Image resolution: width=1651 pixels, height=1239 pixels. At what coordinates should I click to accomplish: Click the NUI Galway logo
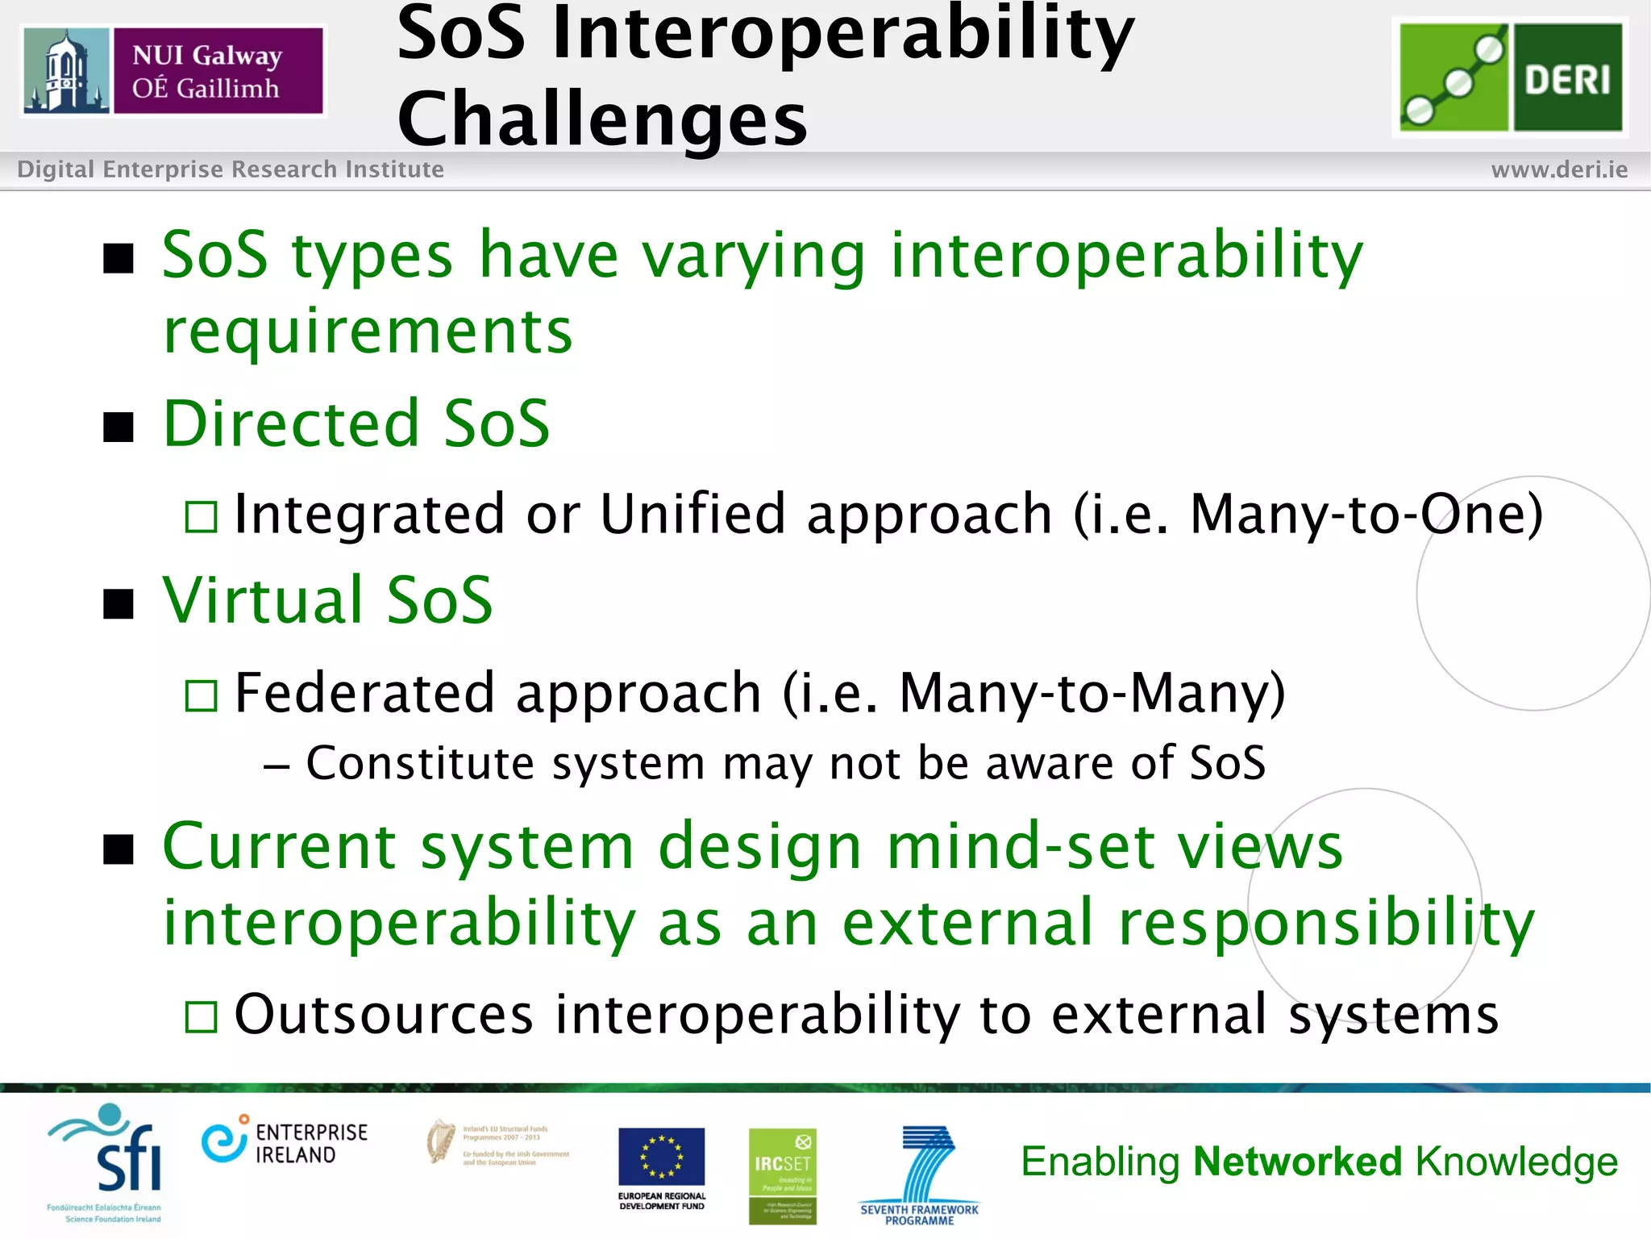pyautogui.click(x=173, y=71)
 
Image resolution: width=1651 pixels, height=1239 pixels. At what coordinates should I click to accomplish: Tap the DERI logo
pyautogui.click(x=1510, y=77)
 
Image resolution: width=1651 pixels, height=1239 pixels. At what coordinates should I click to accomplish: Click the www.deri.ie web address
pyautogui.click(x=1559, y=169)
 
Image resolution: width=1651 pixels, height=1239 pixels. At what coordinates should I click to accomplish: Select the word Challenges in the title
pyautogui.click(x=602, y=119)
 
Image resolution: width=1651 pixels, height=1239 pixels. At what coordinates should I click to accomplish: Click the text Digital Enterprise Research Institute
pyautogui.click(x=231, y=169)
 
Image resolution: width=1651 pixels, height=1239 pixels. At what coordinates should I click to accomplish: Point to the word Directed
pyautogui.click(x=291, y=423)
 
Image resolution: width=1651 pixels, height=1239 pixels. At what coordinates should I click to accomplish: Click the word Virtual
pyautogui.click(x=262, y=600)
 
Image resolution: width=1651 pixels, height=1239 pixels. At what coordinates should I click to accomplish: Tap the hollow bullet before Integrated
pyautogui.click(x=201, y=517)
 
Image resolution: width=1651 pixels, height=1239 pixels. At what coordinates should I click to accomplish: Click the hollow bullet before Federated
pyautogui.click(x=201, y=695)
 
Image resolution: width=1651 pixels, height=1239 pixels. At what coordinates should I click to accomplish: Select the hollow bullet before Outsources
pyautogui.click(x=201, y=1017)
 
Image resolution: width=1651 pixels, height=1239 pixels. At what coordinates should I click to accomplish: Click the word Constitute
pyautogui.click(x=420, y=763)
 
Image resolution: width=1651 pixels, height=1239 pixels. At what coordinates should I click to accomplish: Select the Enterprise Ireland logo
pyautogui.click(x=285, y=1142)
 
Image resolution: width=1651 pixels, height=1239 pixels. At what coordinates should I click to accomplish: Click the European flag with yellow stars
pyautogui.click(x=661, y=1157)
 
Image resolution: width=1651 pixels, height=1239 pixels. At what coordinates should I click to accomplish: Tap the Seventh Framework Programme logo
pyautogui.click(x=920, y=1174)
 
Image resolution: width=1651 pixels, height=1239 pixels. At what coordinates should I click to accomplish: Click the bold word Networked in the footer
pyautogui.click(x=1298, y=1162)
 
